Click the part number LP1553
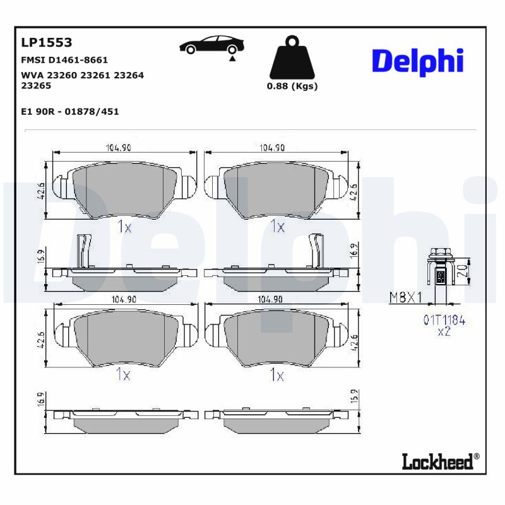point(47,43)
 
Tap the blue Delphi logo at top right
point(417,61)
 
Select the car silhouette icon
point(211,45)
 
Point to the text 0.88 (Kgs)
point(292,86)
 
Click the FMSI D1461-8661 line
point(64,60)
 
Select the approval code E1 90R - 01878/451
point(69,111)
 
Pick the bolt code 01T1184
point(443,321)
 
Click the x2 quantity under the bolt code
point(444,332)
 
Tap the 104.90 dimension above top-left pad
point(118,148)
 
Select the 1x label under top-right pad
point(277,226)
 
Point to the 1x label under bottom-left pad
point(123,375)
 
